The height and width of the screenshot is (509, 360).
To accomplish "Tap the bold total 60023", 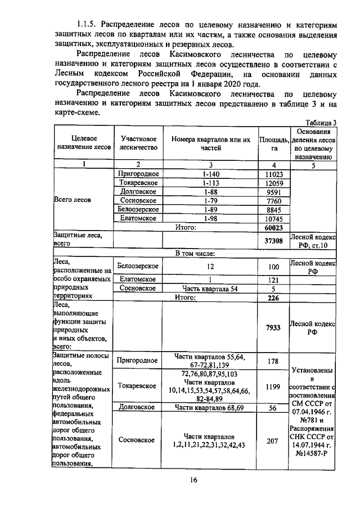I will point(273,227).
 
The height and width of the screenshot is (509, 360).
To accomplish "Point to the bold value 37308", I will point(273,241).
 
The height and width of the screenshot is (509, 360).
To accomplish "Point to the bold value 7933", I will point(273,327).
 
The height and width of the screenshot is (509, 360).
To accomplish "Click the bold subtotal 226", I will point(273,298).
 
